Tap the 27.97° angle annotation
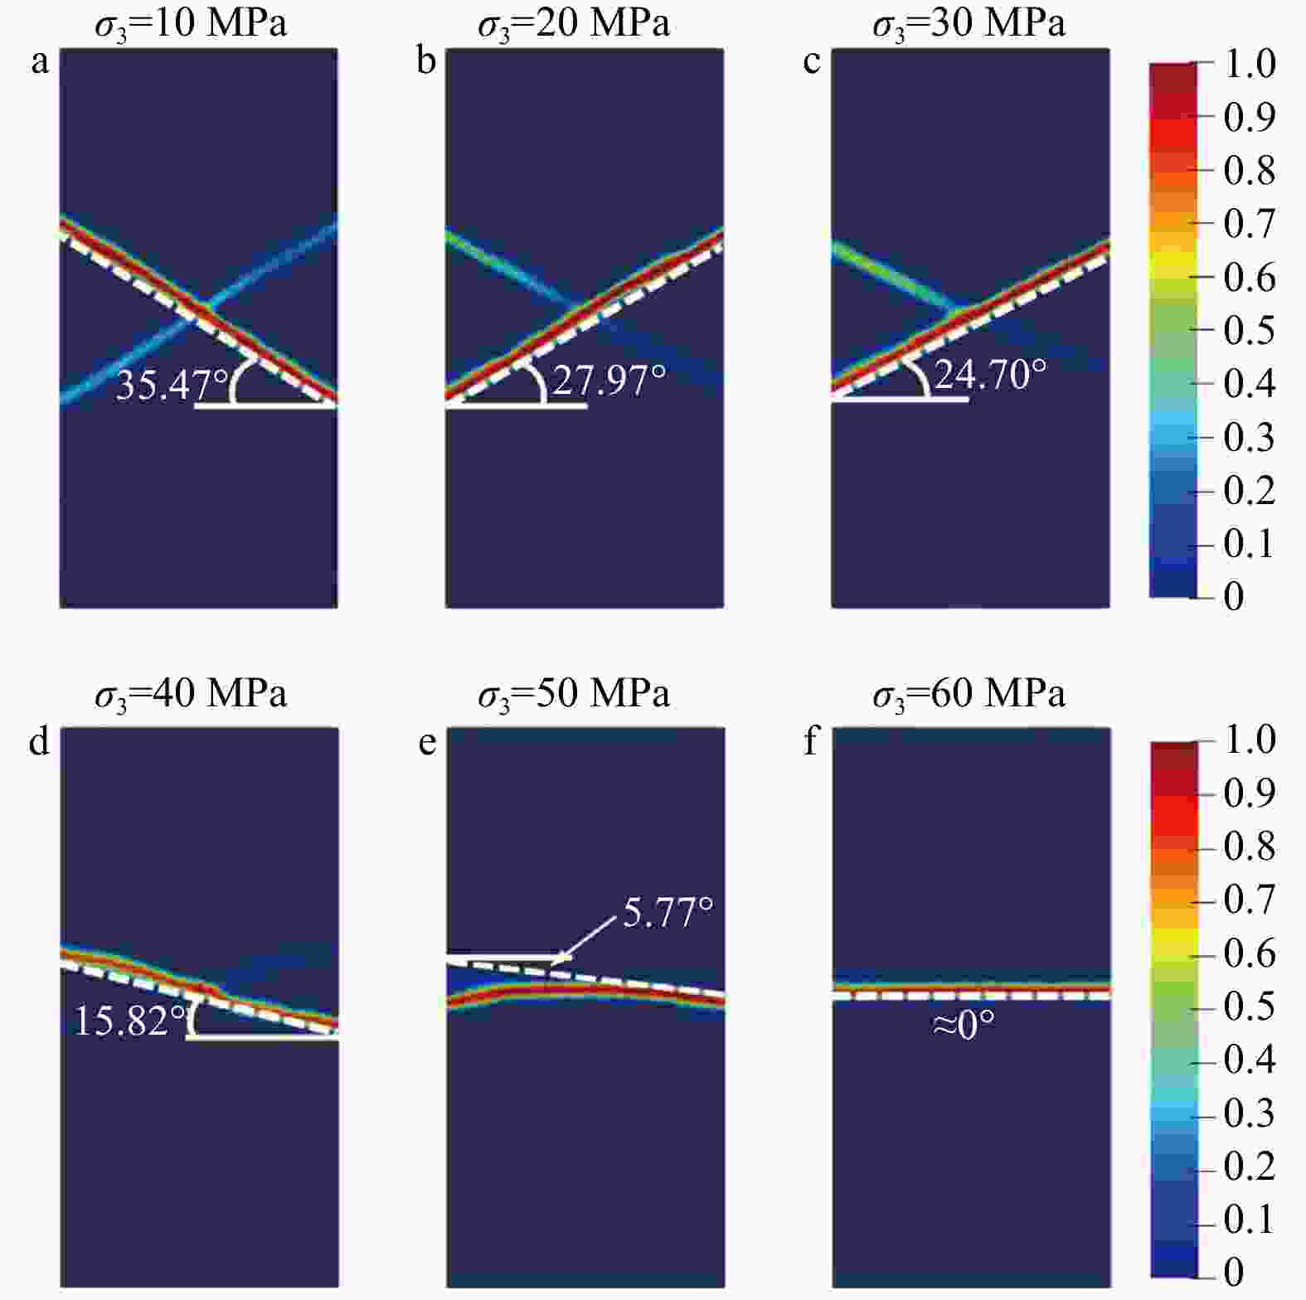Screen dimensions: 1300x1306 609,381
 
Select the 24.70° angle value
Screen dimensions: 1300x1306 990,374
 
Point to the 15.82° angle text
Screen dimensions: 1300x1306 130,1021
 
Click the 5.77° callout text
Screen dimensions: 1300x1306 668,913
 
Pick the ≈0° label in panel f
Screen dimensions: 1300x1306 964,1026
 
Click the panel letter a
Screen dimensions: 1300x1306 40,62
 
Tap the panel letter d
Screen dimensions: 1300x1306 40,741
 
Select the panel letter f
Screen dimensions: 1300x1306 812,741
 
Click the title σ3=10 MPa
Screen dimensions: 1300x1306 191,23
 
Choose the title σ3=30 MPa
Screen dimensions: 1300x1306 969,23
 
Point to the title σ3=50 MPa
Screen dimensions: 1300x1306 574,693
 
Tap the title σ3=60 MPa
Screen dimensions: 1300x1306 969,693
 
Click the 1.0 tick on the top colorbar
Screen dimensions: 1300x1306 1250,64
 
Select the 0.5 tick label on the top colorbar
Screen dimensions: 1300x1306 1250,330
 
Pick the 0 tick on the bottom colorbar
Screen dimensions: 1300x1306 1234,1272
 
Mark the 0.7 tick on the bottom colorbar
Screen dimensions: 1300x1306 1250,900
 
